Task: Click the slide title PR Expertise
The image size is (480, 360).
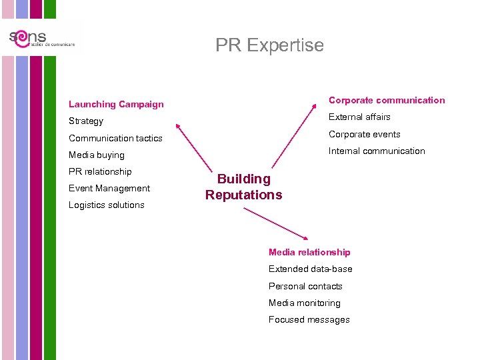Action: pos(269,45)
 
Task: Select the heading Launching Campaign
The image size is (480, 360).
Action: pos(116,104)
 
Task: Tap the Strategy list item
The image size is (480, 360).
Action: pos(86,121)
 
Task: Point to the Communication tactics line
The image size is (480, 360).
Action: pos(115,138)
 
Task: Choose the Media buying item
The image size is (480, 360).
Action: pos(97,155)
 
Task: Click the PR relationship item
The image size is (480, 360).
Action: pos(100,171)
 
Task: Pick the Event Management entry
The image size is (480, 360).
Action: pos(109,188)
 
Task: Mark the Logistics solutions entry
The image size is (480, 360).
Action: pos(107,205)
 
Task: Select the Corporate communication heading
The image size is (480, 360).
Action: pos(387,100)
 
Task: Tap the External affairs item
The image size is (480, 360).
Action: pos(359,117)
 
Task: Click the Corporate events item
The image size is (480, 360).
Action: pos(365,134)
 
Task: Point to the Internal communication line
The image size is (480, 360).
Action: pos(377,151)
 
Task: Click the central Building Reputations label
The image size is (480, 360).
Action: pos(244,187)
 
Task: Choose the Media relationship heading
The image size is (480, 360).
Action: pos(309,252)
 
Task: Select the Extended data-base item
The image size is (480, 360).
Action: pos(311,269)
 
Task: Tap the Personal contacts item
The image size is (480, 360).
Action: pos(305,286)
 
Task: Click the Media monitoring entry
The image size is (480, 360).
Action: pos(305,303)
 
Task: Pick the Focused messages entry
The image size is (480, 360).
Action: pos(309,319)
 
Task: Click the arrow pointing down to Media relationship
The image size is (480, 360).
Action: pos(277,224)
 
